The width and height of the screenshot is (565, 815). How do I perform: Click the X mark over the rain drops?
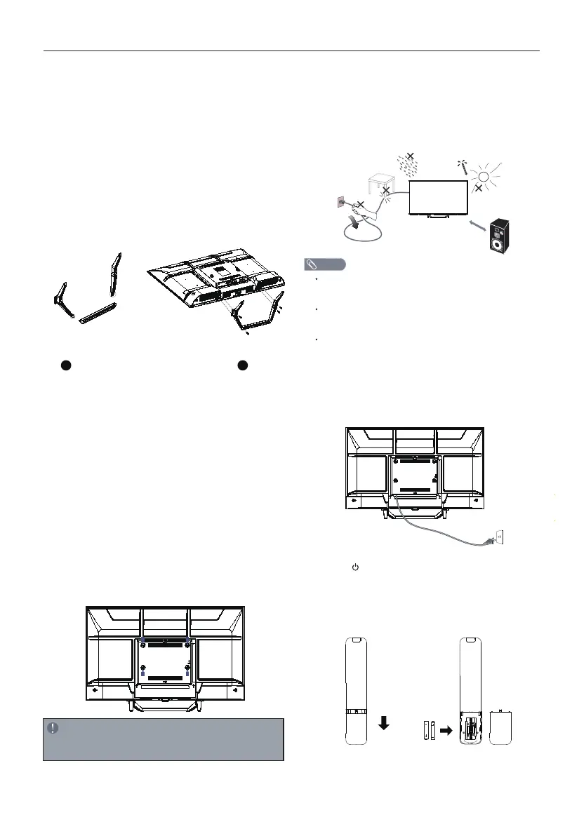(x=411, y=156)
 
